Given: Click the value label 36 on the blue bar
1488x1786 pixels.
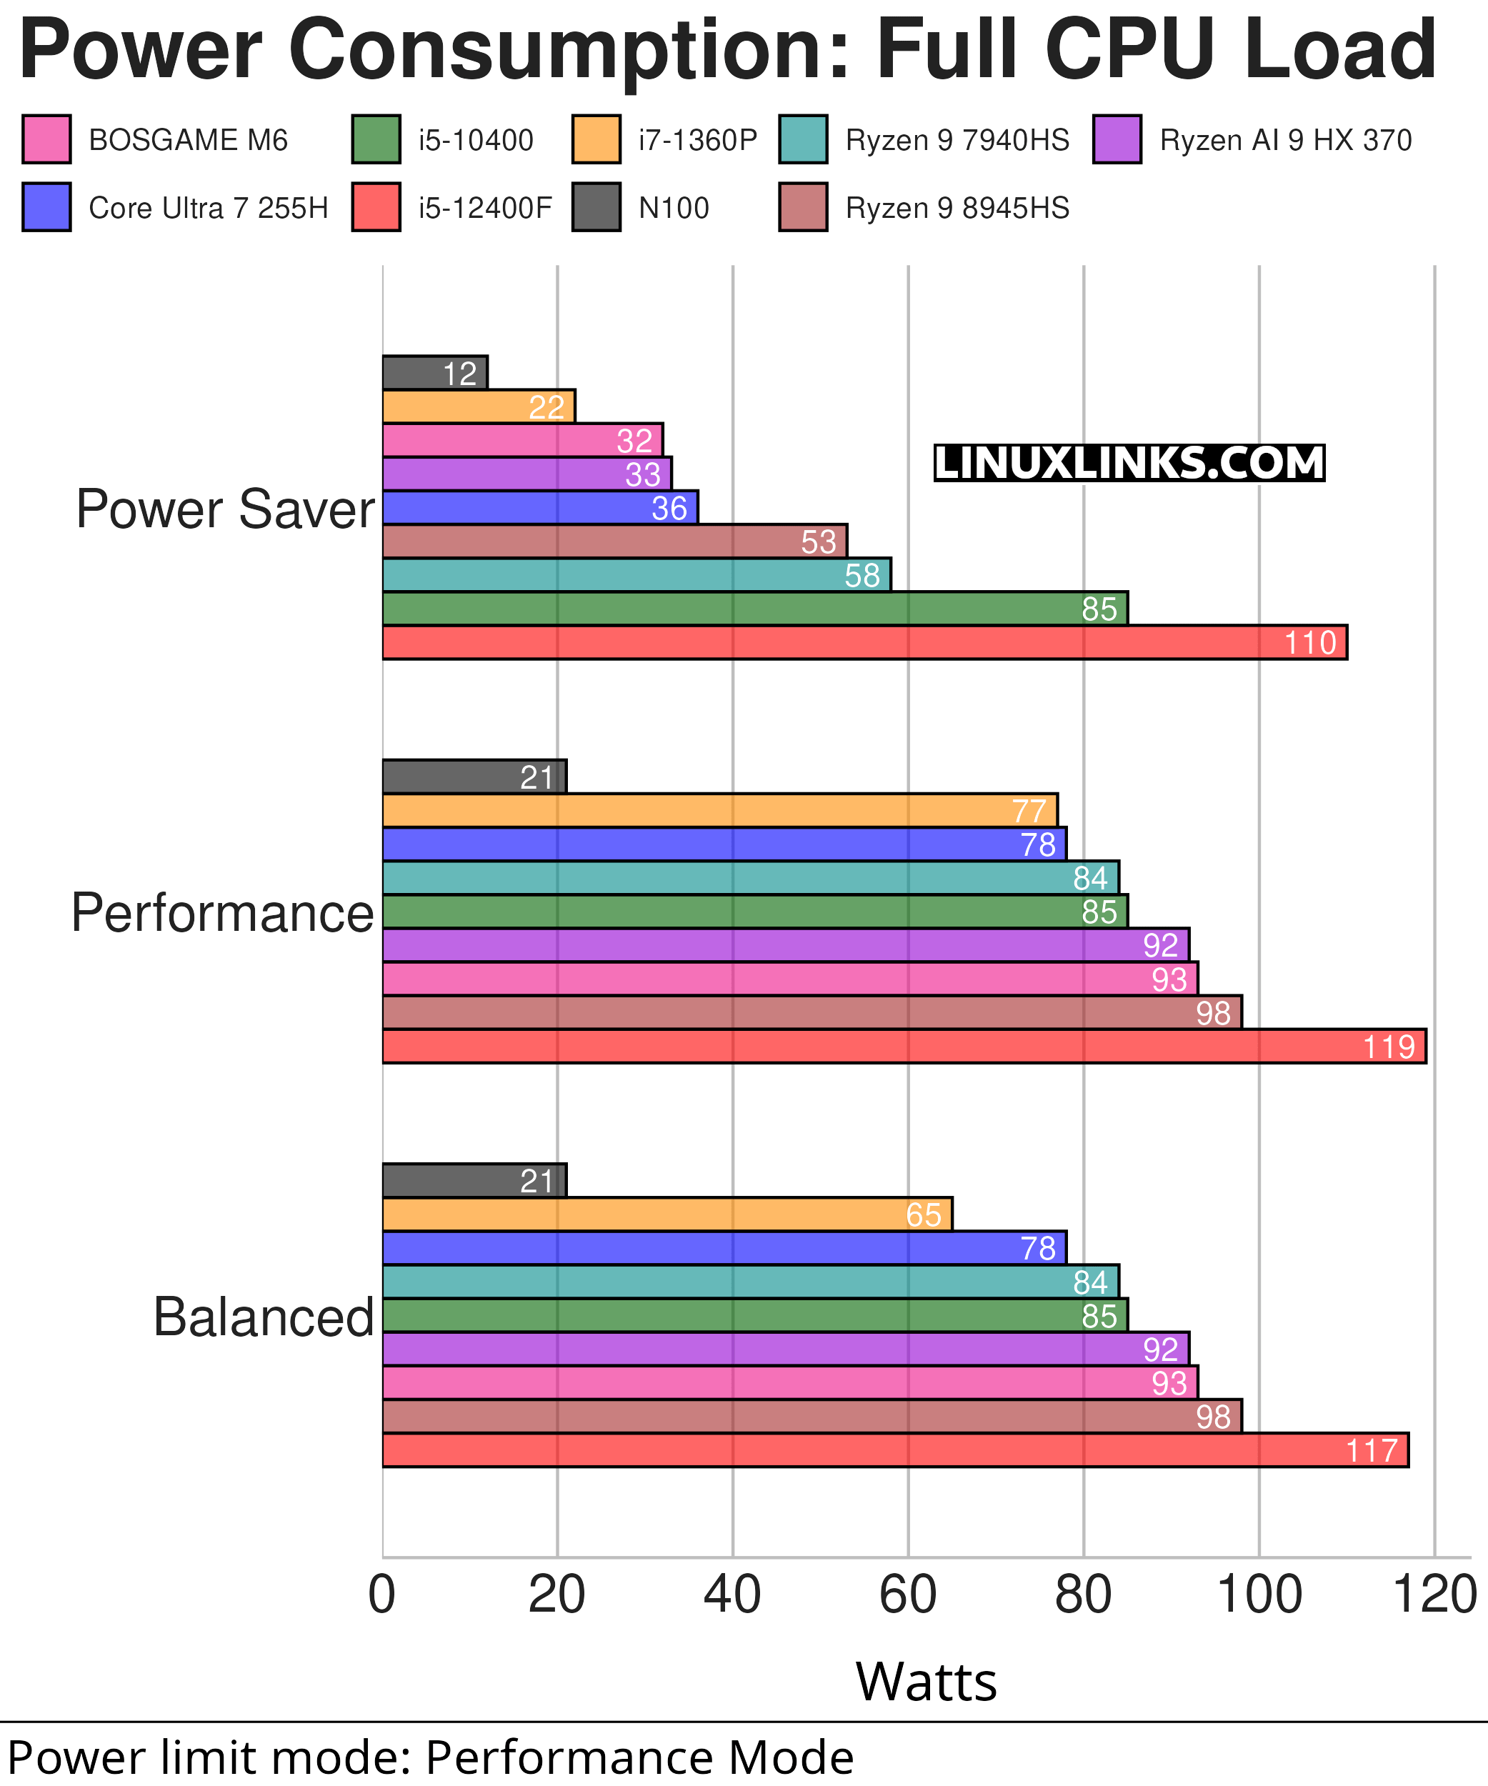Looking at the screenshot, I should pyautogui.click(x=669, y=509).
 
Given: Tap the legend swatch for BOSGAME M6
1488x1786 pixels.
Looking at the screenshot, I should pyautogui.click(x=46, y=139).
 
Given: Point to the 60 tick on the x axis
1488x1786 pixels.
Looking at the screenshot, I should pyautogui.click(x=907, y=1595).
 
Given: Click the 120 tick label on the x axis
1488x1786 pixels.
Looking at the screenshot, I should pyautogui.click(x=1435, y=1595).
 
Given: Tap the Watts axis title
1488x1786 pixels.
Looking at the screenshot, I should pyautogui.click(x=926, y=1682).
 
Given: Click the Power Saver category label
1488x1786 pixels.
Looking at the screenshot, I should pyautogui.click(x=224, y=509).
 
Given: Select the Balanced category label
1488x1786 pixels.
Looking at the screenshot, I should pyautogui.click(x=264, y=1317).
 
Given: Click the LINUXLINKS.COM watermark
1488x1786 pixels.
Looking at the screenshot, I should pyautogui.click(x=1129, y=464).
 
